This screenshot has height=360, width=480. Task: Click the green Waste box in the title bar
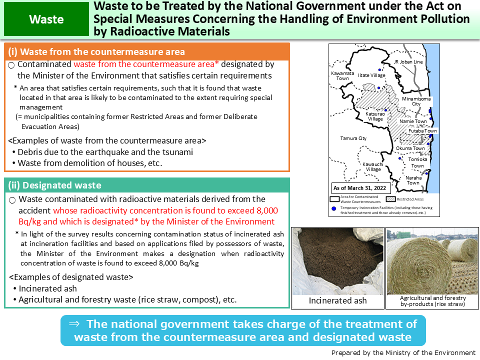(x=46, y=19)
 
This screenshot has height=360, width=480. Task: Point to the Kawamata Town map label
(x=342, y=76)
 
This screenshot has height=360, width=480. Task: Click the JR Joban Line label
(x=408, y=62)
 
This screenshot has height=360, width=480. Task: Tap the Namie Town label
(x=413, y=121)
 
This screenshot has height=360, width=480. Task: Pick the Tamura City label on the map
(x=353, y=138)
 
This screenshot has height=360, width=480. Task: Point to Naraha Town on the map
(x=413, y=180)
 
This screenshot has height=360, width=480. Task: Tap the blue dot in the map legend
(x=333, y=207)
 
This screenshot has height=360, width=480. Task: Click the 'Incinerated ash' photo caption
(x=337, y=300)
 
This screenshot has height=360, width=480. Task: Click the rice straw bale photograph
(x=432, y=260)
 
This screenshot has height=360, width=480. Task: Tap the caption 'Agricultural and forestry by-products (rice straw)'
(x=433, y=300)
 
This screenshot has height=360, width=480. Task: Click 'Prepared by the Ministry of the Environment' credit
(x=403, y=352)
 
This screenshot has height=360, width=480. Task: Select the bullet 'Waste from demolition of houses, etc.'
(x=90, y=163)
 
